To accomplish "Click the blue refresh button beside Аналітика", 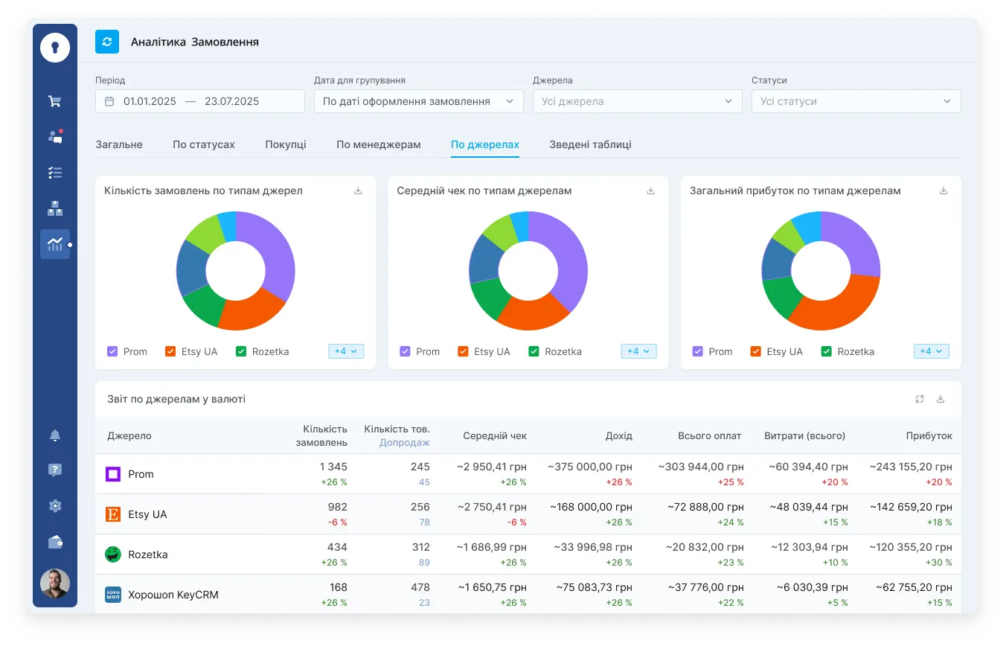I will [107, 42].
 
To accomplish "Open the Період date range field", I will [199, 101].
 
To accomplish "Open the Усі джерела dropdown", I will [637, 101].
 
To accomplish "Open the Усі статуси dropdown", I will [856, 101].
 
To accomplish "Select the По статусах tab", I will [203, 144].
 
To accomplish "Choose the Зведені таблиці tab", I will [590, 144].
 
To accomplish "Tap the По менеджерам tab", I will [378, 144].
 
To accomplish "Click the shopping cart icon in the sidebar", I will [55, 101].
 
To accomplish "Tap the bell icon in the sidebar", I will [55, 435].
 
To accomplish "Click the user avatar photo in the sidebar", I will [55, 584].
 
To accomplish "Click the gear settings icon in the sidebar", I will [55, 506].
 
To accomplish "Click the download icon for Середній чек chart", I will [650, 191].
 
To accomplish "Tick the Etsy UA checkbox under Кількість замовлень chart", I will [170, 351].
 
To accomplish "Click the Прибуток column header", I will [929, 436].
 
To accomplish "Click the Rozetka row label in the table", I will [147, 554].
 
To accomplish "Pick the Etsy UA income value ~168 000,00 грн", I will [591, 507].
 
